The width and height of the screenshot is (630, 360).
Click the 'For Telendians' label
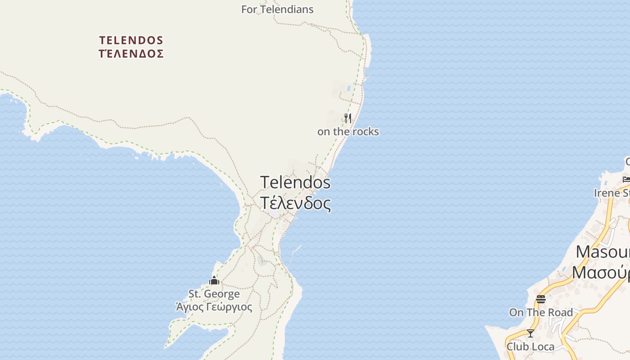click(x=277, y=9)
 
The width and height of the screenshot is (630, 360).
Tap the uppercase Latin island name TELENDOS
click(x=131, y=40)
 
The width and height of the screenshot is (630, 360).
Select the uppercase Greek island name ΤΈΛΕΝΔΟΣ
click(x=131, y=54)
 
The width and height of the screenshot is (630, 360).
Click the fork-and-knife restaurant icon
click(x=348, y=118)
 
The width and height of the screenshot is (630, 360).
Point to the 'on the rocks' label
click(x=348, y=132)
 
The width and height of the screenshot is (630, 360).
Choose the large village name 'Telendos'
click(x=295, y=182)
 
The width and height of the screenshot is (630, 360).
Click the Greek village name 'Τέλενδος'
click(x=295, y=203)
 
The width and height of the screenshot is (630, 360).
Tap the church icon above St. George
click(x=214, y=281)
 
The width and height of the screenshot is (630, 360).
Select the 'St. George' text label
click(x=214, y=294)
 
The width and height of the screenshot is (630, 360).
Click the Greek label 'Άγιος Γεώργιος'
click(x=214, y=307)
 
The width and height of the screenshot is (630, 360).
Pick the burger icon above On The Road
click(x=541, y=299)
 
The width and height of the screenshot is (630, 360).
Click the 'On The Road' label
click(x=541, y=312)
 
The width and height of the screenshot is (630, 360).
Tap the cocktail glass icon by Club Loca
click(x=531, y=333)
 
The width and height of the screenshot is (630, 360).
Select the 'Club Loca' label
click(x=531, y=346)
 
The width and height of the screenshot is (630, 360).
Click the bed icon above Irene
click(x=626, y=180)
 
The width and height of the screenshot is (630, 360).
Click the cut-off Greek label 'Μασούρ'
click(x=601, y=272)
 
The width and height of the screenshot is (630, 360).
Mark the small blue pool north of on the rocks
click(x=349, y=88)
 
